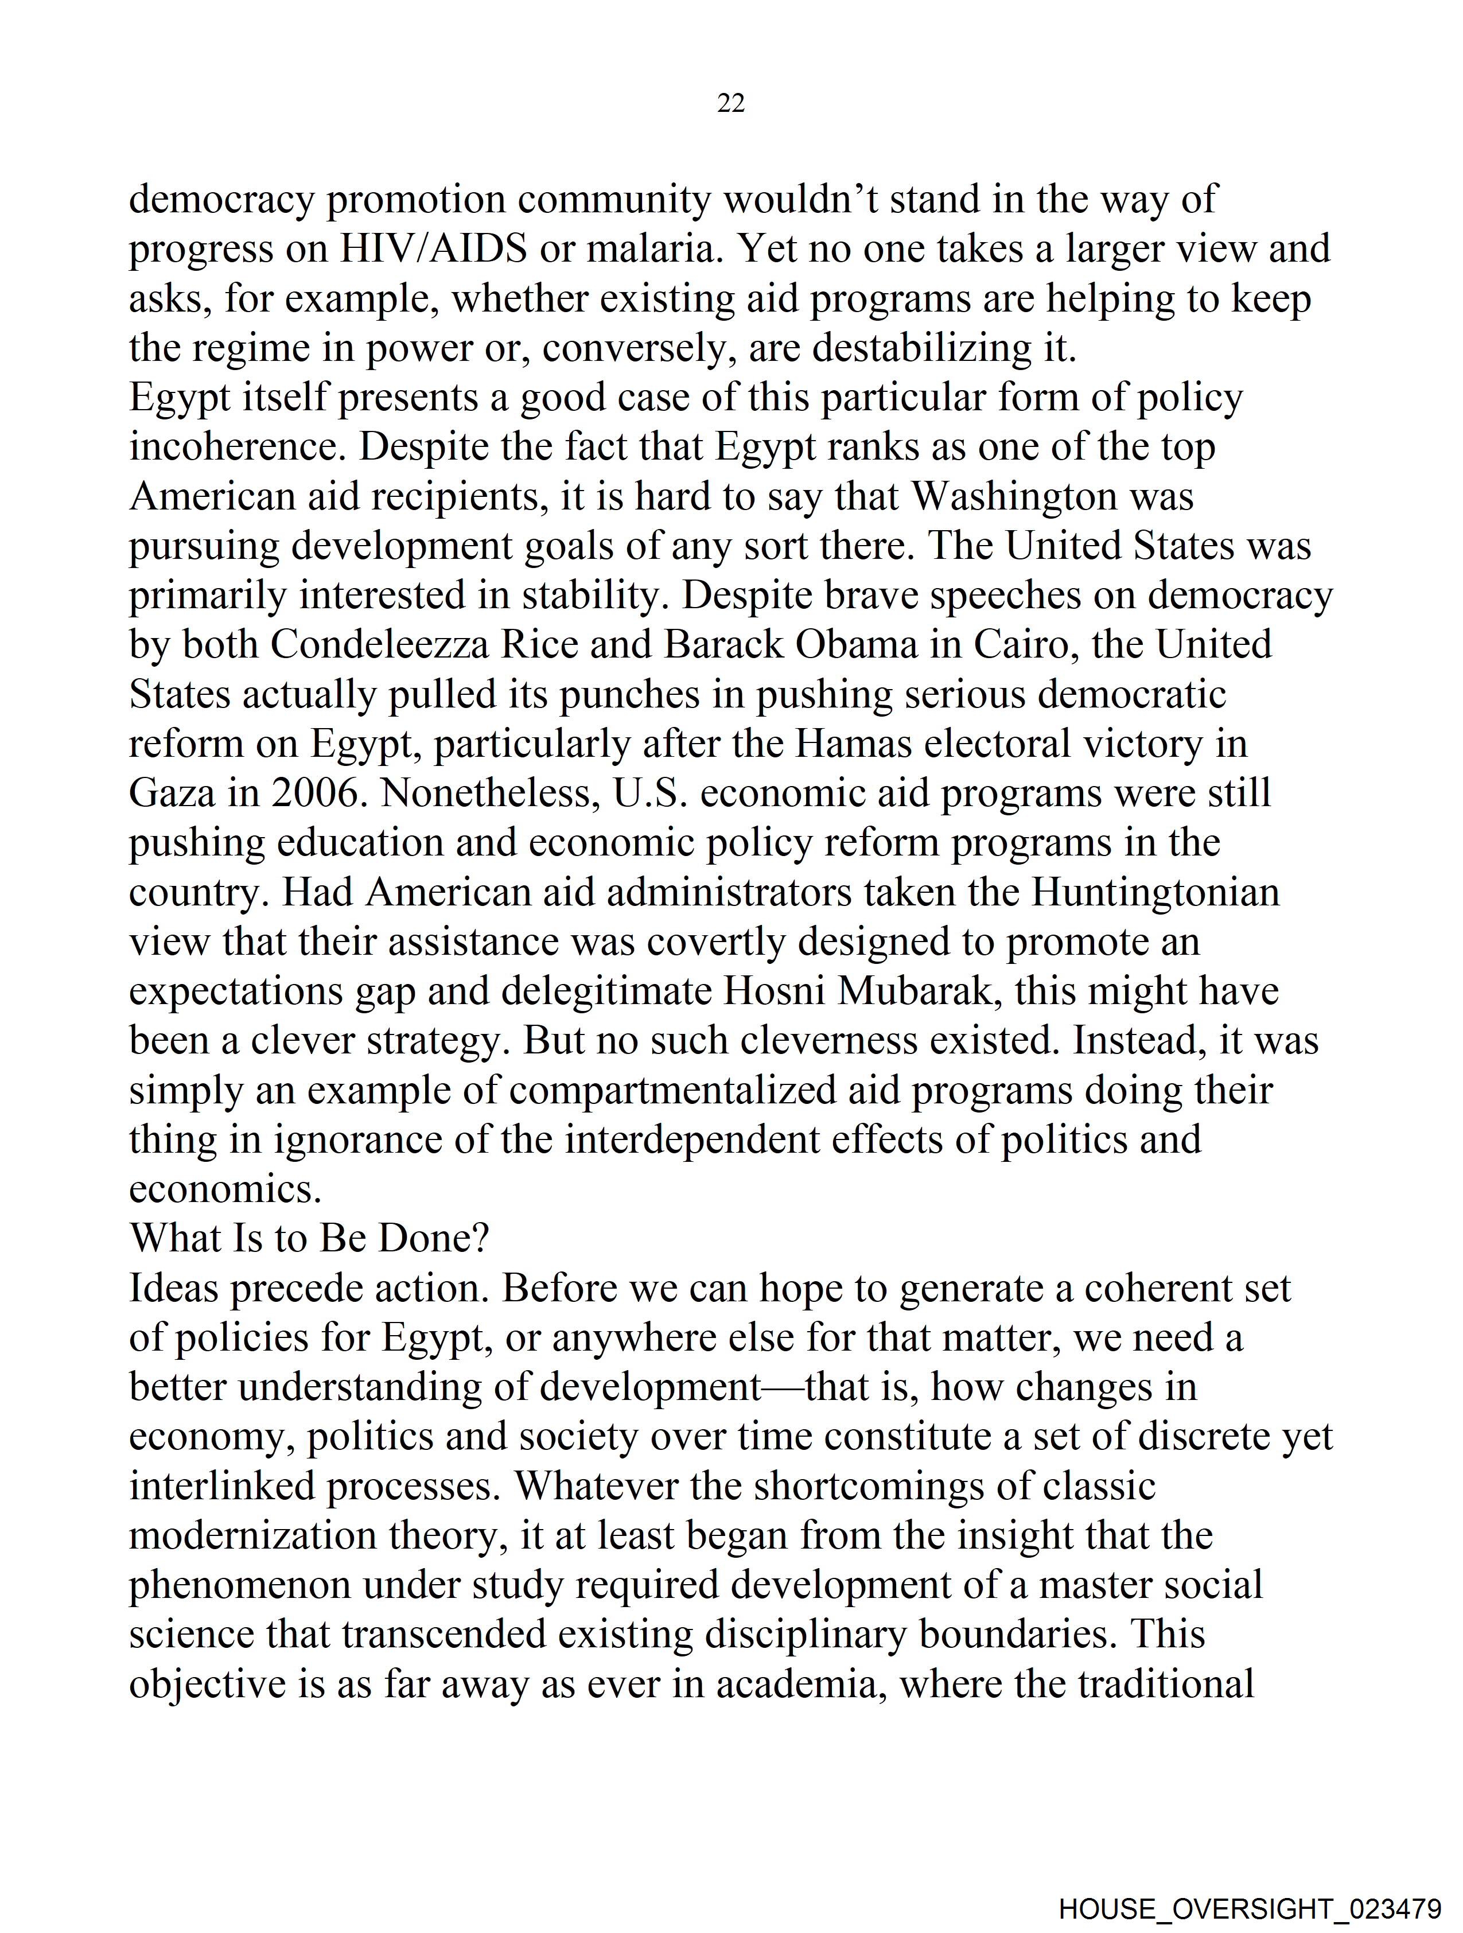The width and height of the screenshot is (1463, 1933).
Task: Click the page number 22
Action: (x=730, y=103)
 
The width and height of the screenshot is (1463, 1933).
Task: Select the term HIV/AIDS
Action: (x=434, y=249)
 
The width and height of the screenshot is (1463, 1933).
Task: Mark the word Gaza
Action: (x=172, y=794)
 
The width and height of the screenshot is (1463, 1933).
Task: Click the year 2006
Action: (x=320, y=794)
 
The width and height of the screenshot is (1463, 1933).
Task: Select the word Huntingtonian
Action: (x=1155, y=892)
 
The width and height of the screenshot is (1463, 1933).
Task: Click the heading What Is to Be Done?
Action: (x=309, y=1238)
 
